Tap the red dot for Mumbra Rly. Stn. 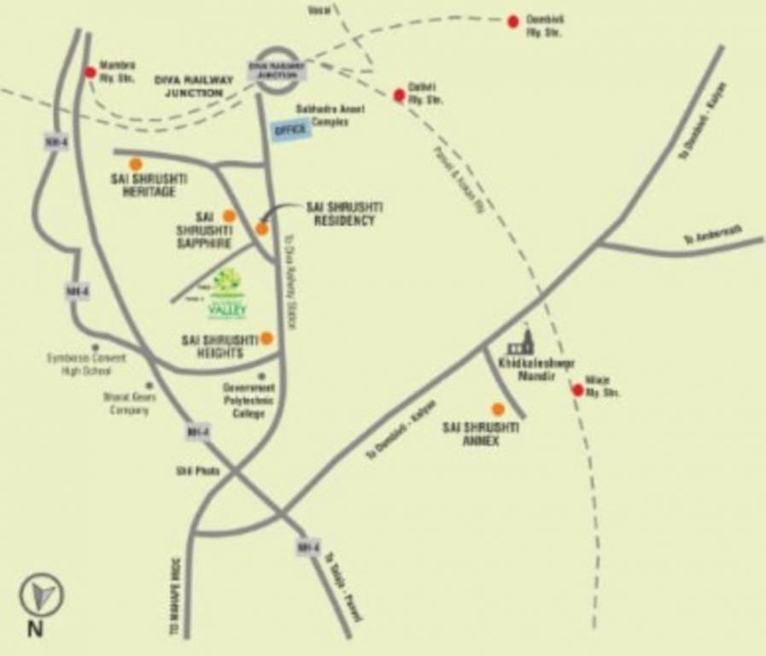(x=91, y=73)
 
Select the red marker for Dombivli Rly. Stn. (x=513, y=21)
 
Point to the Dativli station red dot (x=399, y=95)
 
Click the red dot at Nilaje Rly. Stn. (x=578, y=390)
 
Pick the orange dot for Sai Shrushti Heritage (x=136, y=164)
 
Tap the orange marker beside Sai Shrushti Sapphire (x=229, y=216)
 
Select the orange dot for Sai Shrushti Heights (x=266, y=338)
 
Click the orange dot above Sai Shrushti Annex (x=498, y=409)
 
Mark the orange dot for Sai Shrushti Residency (x=262, y=228)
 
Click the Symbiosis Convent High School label (x=85, y=365)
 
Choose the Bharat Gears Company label (x=126, y=404)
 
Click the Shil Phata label (x=198, y=471)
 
